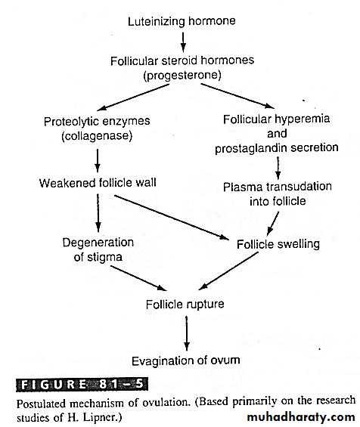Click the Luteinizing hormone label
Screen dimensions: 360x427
click(x=182, y=21)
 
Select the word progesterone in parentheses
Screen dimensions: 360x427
click(x=182, y=76)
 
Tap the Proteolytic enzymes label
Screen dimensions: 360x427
click(x=97, y=122)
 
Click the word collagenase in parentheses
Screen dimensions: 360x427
click(x=97, y=136)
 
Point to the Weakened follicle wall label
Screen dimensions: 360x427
click(x=98, y=183)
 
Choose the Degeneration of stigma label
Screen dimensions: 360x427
click(x=98, y=249)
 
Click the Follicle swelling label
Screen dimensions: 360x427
click(x=278, y=244)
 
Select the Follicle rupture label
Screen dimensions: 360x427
click(x=185, y=304)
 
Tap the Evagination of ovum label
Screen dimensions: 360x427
click(x=186, y=360)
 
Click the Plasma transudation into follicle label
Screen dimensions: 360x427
click(x=278, y=194)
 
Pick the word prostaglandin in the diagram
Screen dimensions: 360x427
click(x=250, y=148)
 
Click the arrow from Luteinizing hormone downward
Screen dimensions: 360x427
click(x=184, y=42)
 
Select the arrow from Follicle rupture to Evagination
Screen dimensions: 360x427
click(x=186, y=333)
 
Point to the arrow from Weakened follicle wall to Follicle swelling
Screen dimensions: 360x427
click(x=172, y=218)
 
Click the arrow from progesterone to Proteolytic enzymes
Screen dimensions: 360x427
click(x=133, y=97)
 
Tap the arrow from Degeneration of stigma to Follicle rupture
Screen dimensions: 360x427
click(x=138, y=278)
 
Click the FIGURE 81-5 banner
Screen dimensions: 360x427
click(x=82, y=385)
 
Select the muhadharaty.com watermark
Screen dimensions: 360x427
click(x=301, y=417)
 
